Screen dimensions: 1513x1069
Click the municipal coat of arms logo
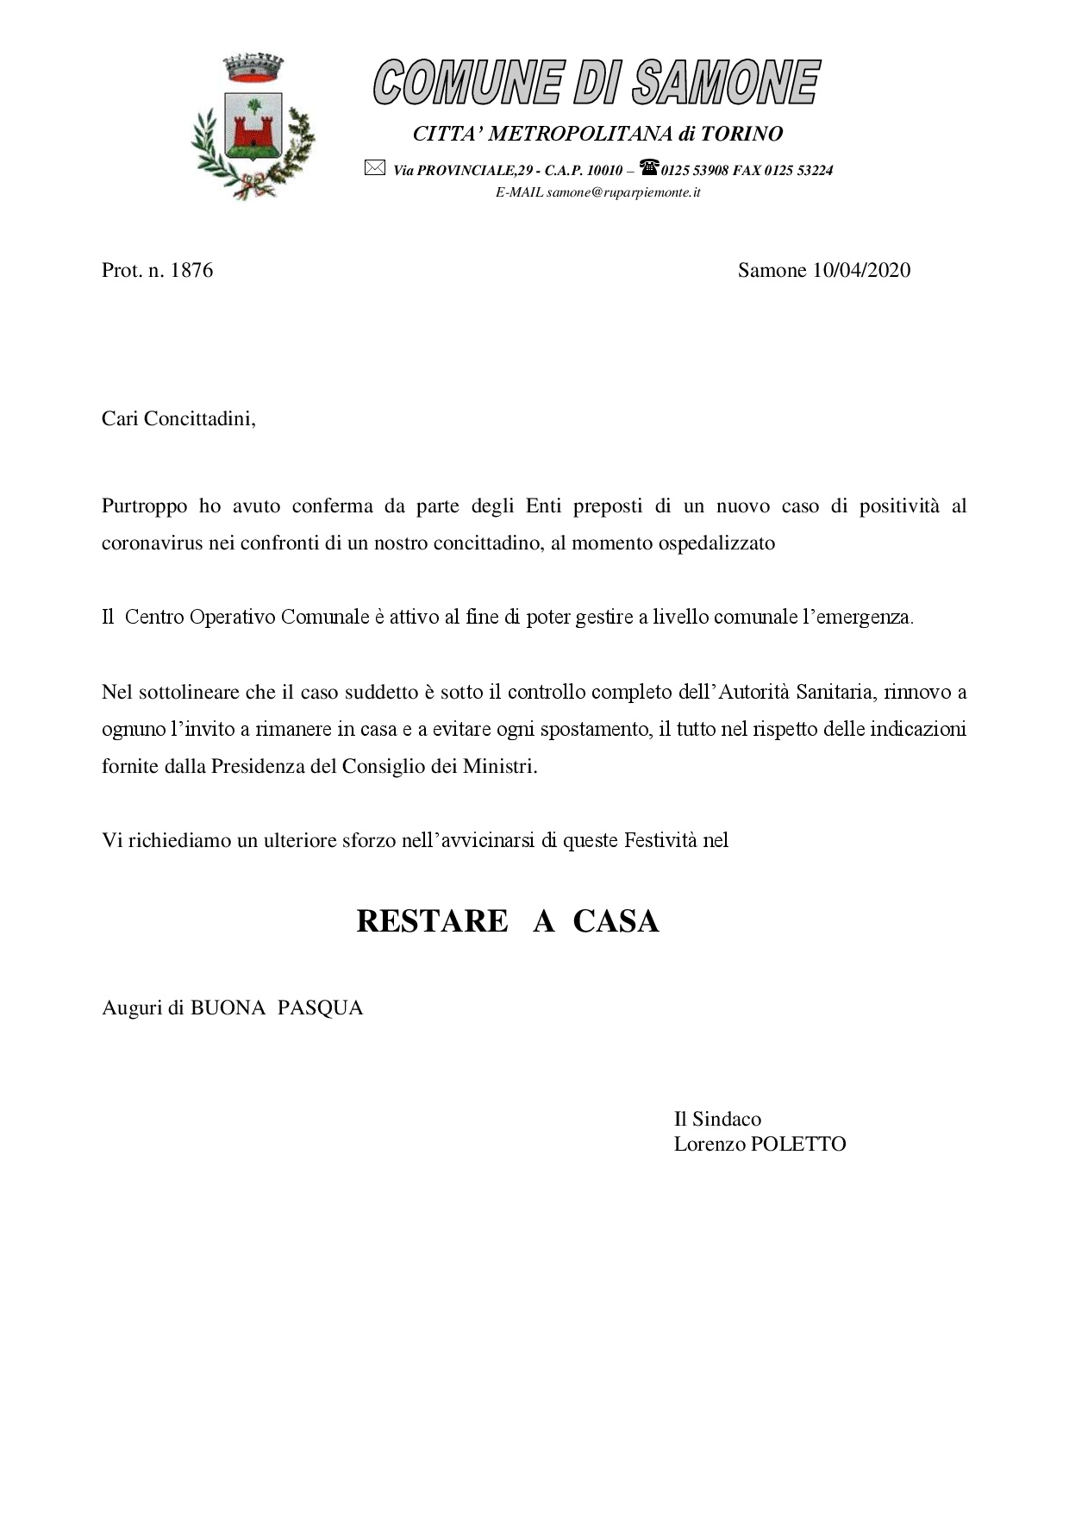(253, 127)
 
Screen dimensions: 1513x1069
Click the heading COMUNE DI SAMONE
(597, 83)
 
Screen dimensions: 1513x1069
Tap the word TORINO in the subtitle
(741, 134)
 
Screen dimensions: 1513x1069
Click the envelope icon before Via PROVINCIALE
(374, 168)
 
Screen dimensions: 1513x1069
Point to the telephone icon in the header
(649, 166)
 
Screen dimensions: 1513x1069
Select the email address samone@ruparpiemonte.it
(623, 192)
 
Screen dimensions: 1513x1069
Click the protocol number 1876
(191, 270)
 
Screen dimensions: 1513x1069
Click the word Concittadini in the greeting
(200, 419)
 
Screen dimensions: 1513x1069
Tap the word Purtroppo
(144, 505)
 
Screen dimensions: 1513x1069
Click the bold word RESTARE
(432, 921)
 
